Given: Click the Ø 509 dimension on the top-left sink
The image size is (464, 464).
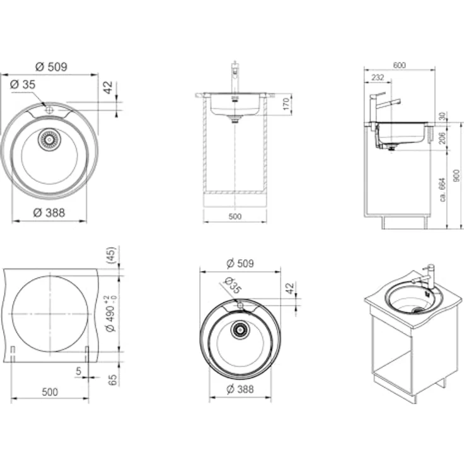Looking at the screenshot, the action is click(51, 67).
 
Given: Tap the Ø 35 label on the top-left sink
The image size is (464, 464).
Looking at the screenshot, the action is click(23, 84).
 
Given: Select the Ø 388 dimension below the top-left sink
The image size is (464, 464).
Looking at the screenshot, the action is click(49, 212).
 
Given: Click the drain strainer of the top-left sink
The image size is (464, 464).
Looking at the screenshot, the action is click(49, 139).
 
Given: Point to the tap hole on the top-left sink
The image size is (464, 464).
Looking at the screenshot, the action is click(49, 110).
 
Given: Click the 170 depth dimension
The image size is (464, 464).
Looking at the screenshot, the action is click(286, 104).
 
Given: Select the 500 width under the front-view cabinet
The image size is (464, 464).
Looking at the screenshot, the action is click(235, 216).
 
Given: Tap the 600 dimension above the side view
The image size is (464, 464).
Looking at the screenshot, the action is click(399, 65).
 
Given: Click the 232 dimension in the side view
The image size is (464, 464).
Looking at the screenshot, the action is click(378, 78).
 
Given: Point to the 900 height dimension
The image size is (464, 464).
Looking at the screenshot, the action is click(456, 175).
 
